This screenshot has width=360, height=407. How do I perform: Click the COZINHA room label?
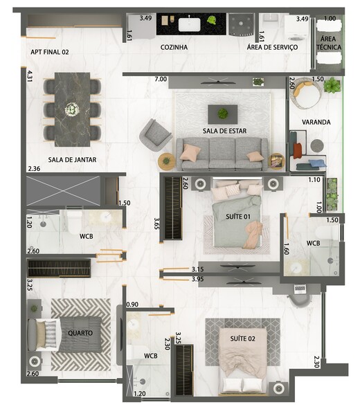tap(174, 47)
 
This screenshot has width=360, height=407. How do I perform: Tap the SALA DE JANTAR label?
tap(72, 160)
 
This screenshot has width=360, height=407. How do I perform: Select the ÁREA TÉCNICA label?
tap(328, 43)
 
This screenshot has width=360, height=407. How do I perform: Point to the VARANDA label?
tap(316, 122)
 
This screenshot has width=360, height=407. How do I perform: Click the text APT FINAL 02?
tap(50, 52)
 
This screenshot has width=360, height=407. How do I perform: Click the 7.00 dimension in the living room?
tap(161, 79)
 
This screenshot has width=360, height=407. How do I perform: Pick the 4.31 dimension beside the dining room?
tap(29, 76)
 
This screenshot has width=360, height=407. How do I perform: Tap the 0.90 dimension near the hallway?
tap(132, 305)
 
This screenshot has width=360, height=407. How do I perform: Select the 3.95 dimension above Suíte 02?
tap(198, 280)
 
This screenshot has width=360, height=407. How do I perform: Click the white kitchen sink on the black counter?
tap(190, 24)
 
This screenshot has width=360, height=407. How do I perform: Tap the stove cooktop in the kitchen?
tap(242, 24)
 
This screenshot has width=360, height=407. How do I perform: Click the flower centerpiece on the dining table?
tap(72, 109)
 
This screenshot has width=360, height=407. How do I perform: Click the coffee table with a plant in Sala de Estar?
tap(222, 114)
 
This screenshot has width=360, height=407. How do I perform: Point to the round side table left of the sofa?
tap(166, 161)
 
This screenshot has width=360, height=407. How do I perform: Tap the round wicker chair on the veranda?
tap(306, 93)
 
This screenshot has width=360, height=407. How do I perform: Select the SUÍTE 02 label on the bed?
tap(243, 338)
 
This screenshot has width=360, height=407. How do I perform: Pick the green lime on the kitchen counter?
tap(212, 19)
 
